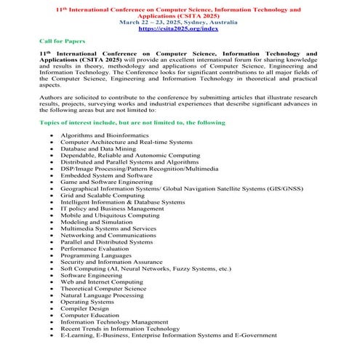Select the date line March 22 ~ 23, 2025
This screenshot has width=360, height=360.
pos(180,22)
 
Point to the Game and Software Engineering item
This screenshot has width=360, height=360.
pos(107,182)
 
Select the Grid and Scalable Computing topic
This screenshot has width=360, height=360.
pos(103,195)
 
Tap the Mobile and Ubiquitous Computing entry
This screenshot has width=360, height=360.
pos(110,215)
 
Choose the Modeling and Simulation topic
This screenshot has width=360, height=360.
pos(97,222)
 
